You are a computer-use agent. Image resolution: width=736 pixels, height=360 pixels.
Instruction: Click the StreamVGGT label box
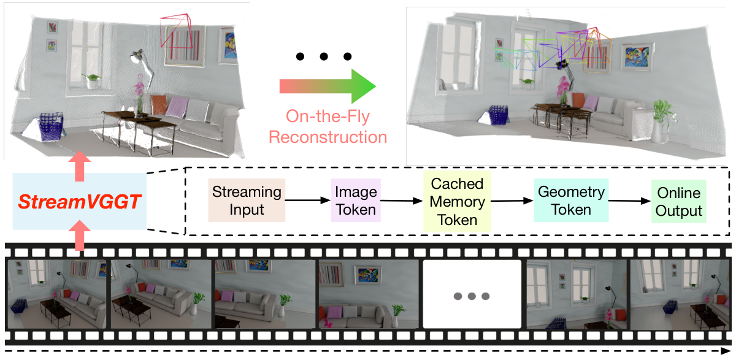click(79, 202)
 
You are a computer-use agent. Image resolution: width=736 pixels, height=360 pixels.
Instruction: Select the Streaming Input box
click(247, 201)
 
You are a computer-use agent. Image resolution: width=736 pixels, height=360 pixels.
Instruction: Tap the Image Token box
click(356, 201)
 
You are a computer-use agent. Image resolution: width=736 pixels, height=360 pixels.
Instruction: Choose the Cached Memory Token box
click(457, 201)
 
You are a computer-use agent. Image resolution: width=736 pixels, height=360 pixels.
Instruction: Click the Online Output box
click(679, 201)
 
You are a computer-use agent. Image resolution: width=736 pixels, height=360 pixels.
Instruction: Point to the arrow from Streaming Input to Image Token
click(308, 201)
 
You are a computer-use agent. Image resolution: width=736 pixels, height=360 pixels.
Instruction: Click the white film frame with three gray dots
click(471, 294)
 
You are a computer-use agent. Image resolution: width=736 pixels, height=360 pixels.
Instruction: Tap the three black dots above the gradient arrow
click(323, 57)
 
